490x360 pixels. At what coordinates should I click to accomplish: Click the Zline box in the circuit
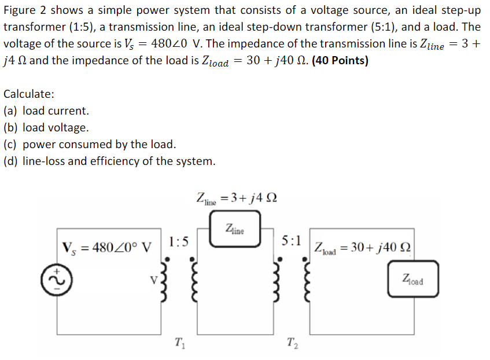coord(235,230)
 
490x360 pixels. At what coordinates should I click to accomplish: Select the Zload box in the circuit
coord(413,281)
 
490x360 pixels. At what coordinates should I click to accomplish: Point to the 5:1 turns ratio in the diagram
coord(290,240)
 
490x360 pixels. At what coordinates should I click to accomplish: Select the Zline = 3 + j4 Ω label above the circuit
coord(237,197)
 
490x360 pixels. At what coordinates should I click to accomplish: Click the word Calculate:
coord(30,94)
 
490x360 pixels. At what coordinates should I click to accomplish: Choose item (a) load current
coord(46,111)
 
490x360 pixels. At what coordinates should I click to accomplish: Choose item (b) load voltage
coord(46,127)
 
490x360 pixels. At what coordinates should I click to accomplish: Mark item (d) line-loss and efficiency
coord(109,161)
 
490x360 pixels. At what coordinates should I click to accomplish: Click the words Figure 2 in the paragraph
coord(23,10)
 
